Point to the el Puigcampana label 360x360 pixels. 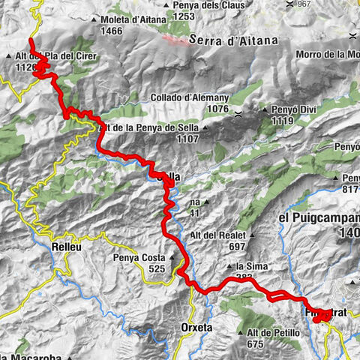coord(319,218)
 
